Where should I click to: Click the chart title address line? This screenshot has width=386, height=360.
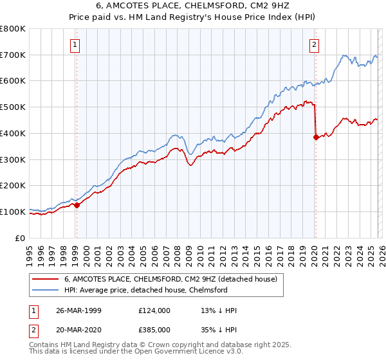click(193, 6)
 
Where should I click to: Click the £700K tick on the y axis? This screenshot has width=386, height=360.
click(13, 55)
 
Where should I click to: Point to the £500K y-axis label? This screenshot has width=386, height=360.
click(13, 107)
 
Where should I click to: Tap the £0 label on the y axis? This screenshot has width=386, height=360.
click(21, 238)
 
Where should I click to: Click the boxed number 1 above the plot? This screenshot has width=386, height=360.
click(76, 44)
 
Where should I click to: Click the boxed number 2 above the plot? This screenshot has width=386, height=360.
click(314, 44)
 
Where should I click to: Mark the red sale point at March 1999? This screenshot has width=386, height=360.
click(77, 206)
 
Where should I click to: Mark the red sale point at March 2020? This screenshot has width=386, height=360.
click(315, 137)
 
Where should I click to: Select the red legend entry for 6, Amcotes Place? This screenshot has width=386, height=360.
click(170, 280)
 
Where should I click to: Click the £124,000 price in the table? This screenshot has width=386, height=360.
click(154, 310)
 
